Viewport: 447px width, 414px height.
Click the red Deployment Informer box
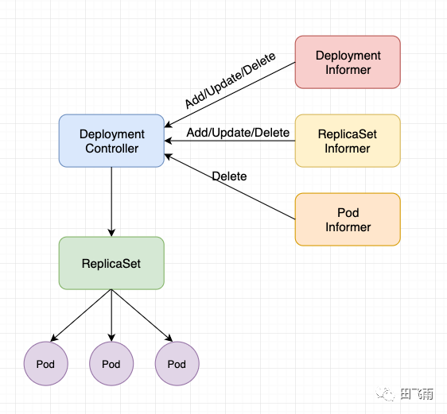(x=348, y=62)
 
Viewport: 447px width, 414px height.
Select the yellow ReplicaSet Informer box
(x=348, y=141)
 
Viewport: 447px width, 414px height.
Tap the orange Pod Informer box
(x=348, y=219)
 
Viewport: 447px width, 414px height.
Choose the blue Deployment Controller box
(x=111, y=141)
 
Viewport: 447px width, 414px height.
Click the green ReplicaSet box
(x=111, y=263)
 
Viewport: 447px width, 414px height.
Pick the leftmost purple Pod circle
(x=45, y=364)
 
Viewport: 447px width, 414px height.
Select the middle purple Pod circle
(x=111, y=364)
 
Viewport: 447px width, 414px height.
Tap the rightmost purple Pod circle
(x=177, y=364)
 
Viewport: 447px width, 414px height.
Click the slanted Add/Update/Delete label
(x=231, y=80)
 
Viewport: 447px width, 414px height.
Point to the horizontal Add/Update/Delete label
(x=238, y=133)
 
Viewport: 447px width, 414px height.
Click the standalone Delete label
(x=229, y=176)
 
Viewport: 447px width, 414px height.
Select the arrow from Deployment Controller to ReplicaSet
(x=111, y=202)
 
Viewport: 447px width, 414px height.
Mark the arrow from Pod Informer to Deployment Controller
(x=230, y=187)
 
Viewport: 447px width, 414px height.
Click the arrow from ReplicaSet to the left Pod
(x=80, y=315)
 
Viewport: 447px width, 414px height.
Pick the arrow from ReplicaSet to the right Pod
(x=142, y=315)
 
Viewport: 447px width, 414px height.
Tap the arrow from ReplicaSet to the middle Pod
(x=111, y=315)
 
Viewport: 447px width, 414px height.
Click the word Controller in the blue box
(x=111, y=149)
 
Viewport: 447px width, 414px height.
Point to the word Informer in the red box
(x=348, y=70)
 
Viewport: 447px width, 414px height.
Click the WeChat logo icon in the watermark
(x=385, y=394)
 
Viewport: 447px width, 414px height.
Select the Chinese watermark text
(x=417, y=394)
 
